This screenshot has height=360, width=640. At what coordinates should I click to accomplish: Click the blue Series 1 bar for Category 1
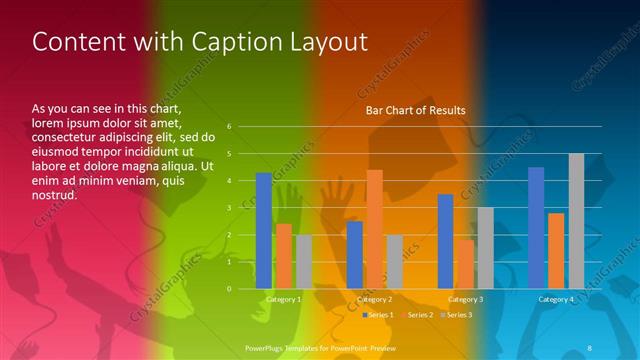click(x=264, y=231)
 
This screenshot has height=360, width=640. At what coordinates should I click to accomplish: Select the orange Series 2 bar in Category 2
click(x=374, y=229)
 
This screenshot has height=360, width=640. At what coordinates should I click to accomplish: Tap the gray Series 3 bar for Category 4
click(x=576, y=221)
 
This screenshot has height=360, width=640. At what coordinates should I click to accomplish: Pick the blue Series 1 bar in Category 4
click(x=536, y=228)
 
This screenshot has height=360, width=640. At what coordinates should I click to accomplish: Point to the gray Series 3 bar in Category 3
click(x=485, y=248)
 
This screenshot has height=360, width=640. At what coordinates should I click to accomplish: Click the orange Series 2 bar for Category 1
click(x=284, y=256)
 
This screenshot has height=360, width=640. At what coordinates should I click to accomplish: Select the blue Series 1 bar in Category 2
click(x=355, y=255)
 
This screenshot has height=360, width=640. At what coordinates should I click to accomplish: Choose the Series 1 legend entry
click(x=379, y=315)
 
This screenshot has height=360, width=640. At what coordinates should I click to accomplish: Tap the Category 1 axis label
click(x=283, y=300)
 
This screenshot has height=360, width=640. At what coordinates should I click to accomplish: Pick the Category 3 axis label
click(x=465, y=300)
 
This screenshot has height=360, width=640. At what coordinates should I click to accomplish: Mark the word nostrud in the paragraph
click(x=54, y=194)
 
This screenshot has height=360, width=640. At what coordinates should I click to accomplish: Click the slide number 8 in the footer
click(x=589, y=347)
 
